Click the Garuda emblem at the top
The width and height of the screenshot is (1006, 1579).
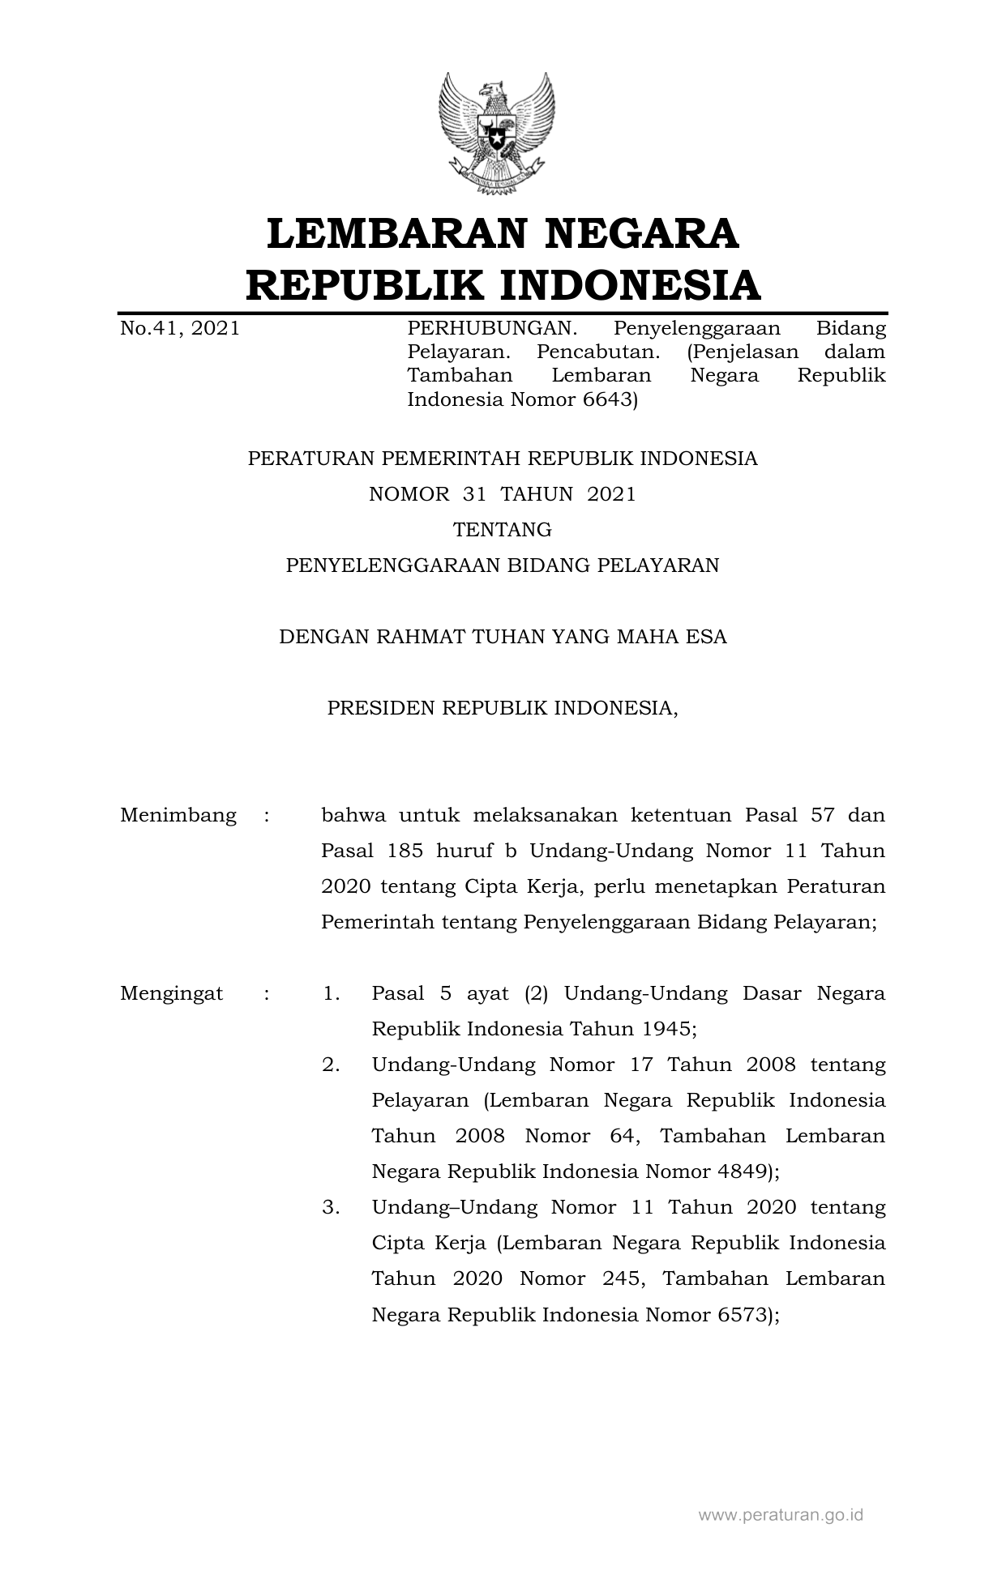[x=496, y=134]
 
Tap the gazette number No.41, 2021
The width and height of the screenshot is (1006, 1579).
[x=179, y=328]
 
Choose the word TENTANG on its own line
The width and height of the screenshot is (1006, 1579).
[x=503, y=530]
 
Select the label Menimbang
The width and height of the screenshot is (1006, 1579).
[x=178, y=815]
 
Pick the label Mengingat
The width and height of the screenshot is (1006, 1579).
[x=171, y=993]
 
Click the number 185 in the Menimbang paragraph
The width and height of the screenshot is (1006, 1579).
[x=405, y=851]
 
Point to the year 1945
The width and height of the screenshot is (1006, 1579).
[x=665, y=1029]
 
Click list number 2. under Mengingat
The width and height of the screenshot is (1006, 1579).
[x=331, y=1065]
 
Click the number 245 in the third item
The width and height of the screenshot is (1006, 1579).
[x=623, y=1278]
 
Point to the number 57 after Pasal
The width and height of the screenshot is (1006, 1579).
[x=822, y=815]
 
